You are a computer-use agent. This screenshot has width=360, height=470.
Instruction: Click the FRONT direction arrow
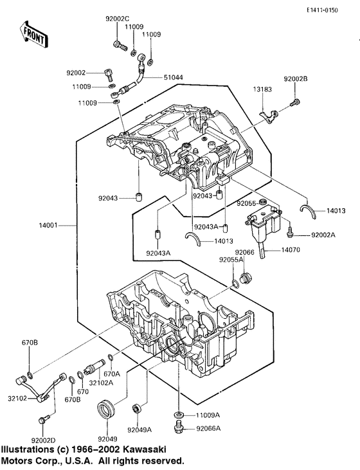click(x=33, y=35)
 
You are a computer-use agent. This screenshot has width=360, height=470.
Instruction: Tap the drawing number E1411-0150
click(x=322, y=10)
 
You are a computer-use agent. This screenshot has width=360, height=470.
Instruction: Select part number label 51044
click(x=174, y=77)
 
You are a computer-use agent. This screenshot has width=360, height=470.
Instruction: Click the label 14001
click(x=48, y=225)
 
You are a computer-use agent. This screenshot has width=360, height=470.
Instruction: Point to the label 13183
click(x=262, y=89)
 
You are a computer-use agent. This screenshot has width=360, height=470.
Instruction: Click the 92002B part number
click(x=296, y=79)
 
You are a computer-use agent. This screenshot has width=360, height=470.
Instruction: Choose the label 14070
click(x=291, y=249)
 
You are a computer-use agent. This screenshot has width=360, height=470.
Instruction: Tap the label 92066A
click(x=208, y=428)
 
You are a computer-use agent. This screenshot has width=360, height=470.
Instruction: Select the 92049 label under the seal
click(x=107, y=439)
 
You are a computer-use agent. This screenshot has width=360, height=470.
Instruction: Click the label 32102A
click(x=101, y=383)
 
